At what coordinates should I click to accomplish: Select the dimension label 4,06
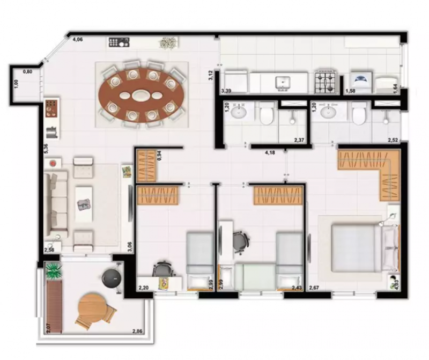(78, 39)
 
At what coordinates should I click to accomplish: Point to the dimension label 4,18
(271, 153)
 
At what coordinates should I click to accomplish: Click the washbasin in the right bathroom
(327, 112)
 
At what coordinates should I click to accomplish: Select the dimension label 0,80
(27, 71)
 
